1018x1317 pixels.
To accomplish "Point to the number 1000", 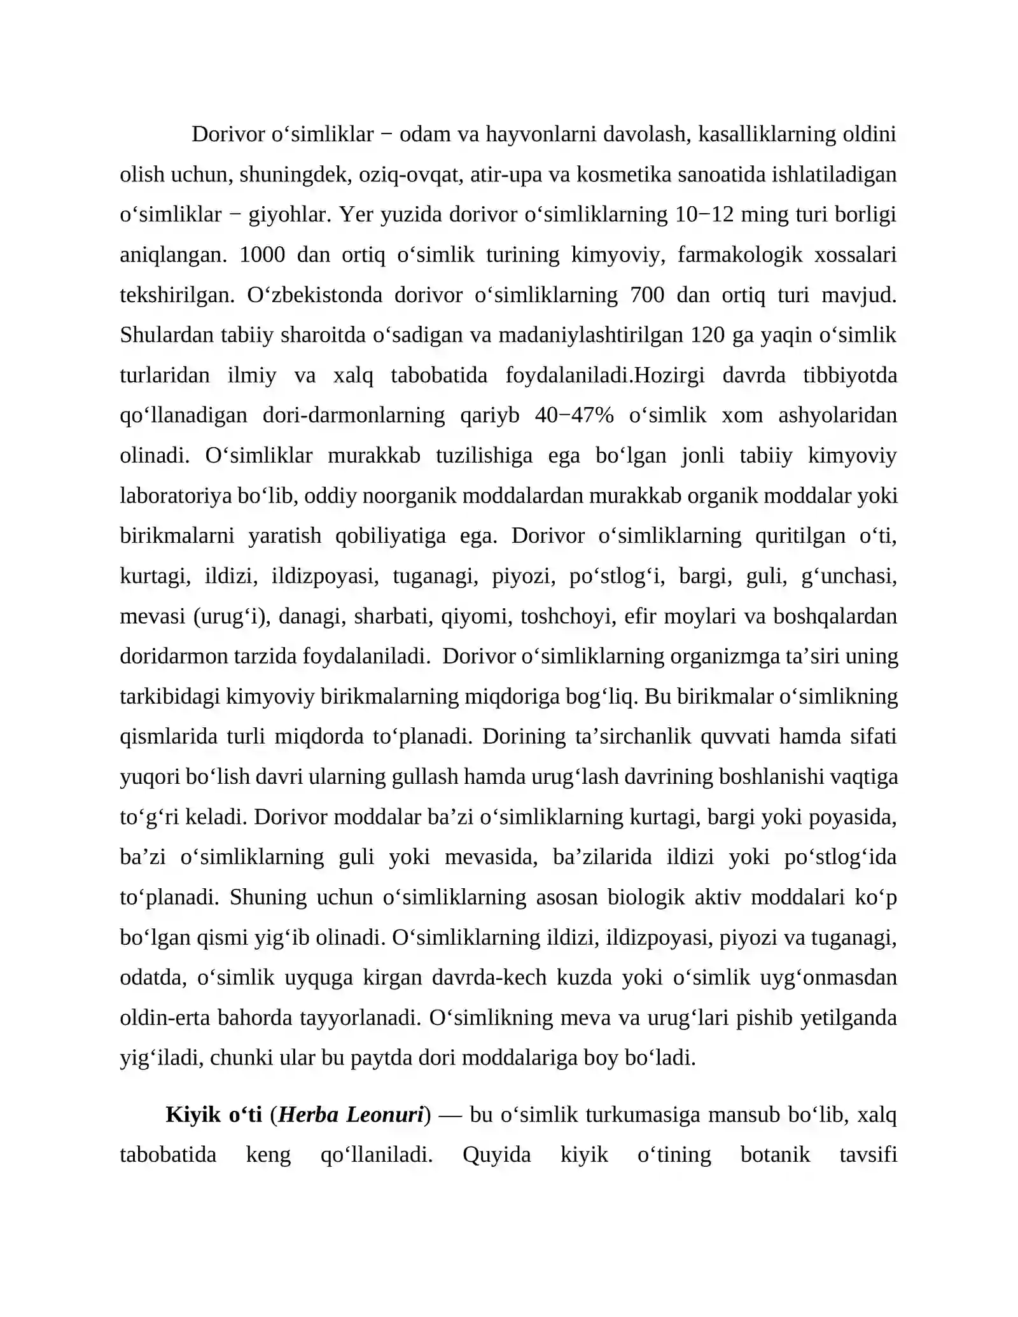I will (x=262, y=254).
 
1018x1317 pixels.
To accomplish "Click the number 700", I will (x=647, y=295).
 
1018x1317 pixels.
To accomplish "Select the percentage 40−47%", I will (x=575, y=415).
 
